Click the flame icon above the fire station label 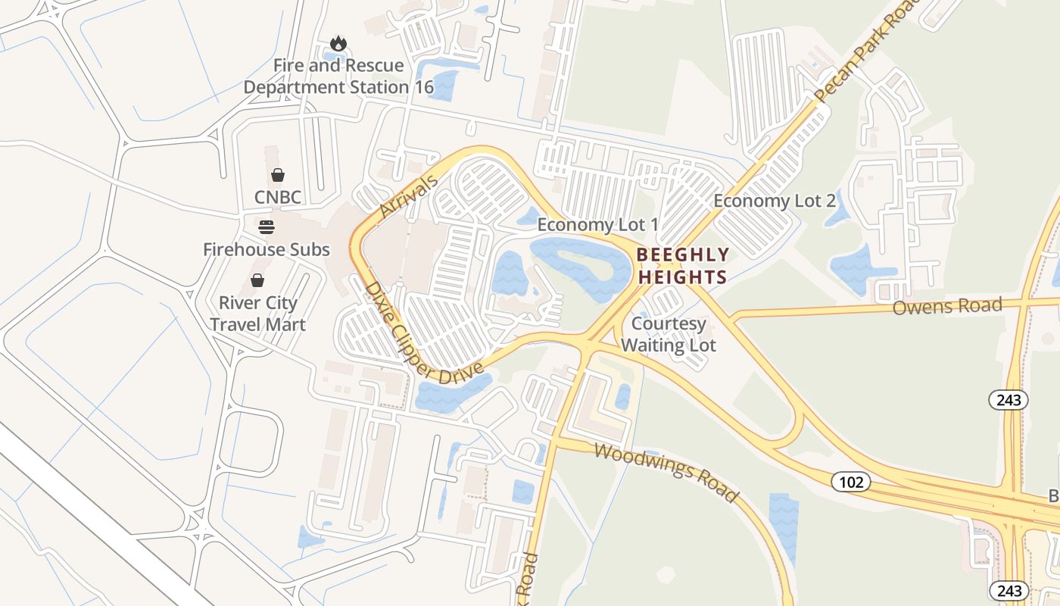coord(338,44)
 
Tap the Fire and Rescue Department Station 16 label coord(338,77)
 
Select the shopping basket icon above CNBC coord(278,175)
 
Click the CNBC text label coord(278,198)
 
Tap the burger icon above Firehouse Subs coord(266,227)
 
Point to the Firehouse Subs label coord(266,249)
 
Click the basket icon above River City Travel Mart coord(257,280)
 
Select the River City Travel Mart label coord(257,314)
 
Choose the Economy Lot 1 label coord(597,225)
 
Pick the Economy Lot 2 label coord(775,201)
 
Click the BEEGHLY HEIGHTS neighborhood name coord(682,266)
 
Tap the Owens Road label coord(947,307)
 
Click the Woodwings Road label coord(666,473)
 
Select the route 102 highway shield coord(850,481)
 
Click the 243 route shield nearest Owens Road coord(1009,399)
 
